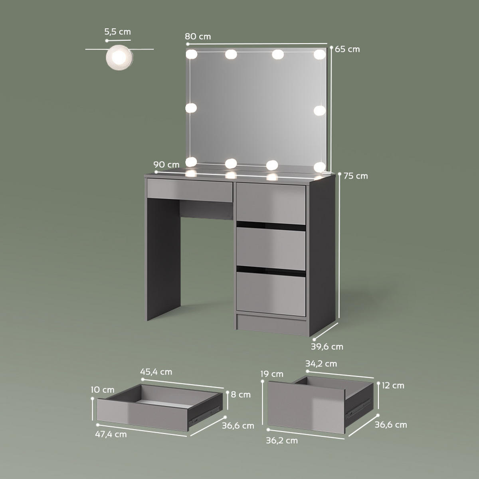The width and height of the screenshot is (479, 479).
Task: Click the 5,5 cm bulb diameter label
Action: (117, 32)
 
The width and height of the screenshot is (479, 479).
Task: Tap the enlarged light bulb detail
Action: (119, 57)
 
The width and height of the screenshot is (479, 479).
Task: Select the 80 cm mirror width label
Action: (198, 37)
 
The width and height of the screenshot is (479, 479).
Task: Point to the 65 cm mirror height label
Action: (347, 49)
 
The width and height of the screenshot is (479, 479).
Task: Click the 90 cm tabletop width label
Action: (166, 164)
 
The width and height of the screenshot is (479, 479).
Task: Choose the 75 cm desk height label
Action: (356, 176)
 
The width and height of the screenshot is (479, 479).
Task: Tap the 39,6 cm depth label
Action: (327, 346)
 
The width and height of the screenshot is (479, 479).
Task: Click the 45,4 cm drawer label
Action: (156, 372)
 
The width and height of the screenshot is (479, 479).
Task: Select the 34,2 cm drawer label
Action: (321, 364)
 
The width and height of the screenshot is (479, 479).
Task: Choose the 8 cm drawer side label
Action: (241, 394)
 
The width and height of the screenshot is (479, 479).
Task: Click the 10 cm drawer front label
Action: (103, 390)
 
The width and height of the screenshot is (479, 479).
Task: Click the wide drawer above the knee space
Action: (190, 190)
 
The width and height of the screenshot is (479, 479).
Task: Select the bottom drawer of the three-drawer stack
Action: (271, 294)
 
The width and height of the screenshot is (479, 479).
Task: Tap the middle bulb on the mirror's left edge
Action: (191, 108)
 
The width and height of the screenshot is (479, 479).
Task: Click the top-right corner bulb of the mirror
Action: (320, 54)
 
